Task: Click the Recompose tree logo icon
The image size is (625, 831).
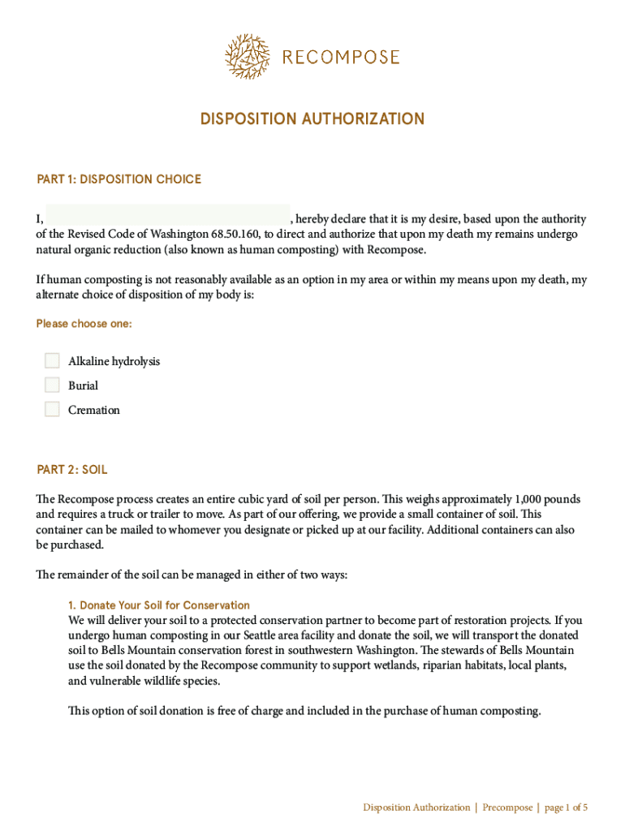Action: tap(248, 56)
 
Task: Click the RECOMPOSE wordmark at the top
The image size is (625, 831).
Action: tap(341, 58)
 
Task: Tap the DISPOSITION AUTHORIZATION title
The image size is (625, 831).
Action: tap(312, 119)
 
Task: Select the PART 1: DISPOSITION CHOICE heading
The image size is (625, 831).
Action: tap(119, 179)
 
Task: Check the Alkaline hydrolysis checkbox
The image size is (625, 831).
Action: tap(53, 360)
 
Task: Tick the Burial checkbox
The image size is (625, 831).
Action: tap(53, 385)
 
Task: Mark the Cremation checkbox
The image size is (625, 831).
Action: tap(53, 409)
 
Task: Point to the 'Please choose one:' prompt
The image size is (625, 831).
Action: tap(84, 324)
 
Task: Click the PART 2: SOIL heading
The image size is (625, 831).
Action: tap(72, 470)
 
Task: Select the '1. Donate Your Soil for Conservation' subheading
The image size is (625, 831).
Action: tap(159, 605)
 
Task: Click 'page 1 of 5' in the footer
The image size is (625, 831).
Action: tap(566, 807)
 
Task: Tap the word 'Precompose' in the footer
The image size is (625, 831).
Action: tap(507, 807)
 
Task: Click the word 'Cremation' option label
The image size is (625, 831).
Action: tap(94, 410)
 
